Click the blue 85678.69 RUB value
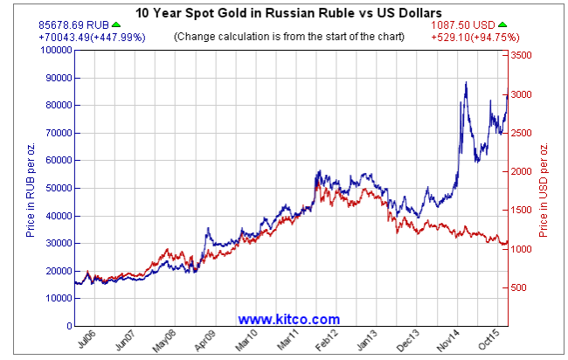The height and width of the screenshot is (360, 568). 73,25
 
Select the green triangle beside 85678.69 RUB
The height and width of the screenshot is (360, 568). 116,24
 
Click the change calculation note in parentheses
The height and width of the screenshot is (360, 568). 288,38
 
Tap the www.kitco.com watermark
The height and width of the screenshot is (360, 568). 288,320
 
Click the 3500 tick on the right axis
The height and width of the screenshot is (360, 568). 522,55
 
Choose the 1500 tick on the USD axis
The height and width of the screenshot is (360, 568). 522,211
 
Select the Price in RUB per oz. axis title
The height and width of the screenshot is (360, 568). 31,188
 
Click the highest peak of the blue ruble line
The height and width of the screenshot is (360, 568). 466,83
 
